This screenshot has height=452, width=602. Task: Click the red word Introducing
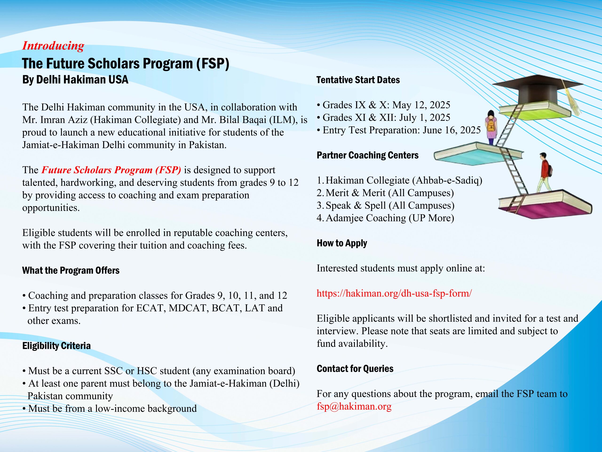click(x=53, y=46)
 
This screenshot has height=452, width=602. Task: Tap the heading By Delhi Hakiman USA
click(x=75, y=80)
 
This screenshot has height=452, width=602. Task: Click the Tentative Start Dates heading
click(x=358, y=80)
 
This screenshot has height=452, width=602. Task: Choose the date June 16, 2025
click(x=451, y=130)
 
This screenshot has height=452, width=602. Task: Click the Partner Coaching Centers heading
click(x=367, y=155)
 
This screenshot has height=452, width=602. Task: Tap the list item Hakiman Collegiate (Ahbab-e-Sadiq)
click(x=404, y=180)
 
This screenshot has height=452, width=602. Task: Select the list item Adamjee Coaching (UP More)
click(x=390, y=218)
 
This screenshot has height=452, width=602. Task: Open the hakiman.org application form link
click(x=394, y=293)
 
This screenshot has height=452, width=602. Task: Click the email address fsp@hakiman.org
click(x=354, y=406)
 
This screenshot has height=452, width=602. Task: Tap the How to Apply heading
click(x=342, y=243)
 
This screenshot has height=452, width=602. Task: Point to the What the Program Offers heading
click(x=71, y=270)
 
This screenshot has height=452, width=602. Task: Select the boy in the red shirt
click(x=544, y=173)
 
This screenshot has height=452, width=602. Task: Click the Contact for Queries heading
click(x=355, y=369)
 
